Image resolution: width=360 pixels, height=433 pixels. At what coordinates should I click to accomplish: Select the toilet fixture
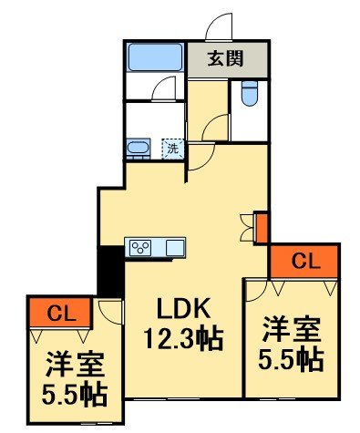coord(250,94)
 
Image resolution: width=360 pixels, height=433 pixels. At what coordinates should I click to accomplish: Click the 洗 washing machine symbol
coord(171,147)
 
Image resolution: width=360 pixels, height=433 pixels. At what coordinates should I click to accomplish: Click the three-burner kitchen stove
coord(144,247)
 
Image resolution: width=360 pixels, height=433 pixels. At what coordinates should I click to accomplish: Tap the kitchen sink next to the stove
coord(175,247)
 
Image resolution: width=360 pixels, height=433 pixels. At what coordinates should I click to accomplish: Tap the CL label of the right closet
coord(303,261)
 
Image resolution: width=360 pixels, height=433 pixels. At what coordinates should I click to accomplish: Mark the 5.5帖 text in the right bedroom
coord(293,358)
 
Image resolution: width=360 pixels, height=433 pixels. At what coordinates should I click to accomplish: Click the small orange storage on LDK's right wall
coord(261,227)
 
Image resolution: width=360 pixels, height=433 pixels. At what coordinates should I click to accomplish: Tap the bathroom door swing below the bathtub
coord(163,89)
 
